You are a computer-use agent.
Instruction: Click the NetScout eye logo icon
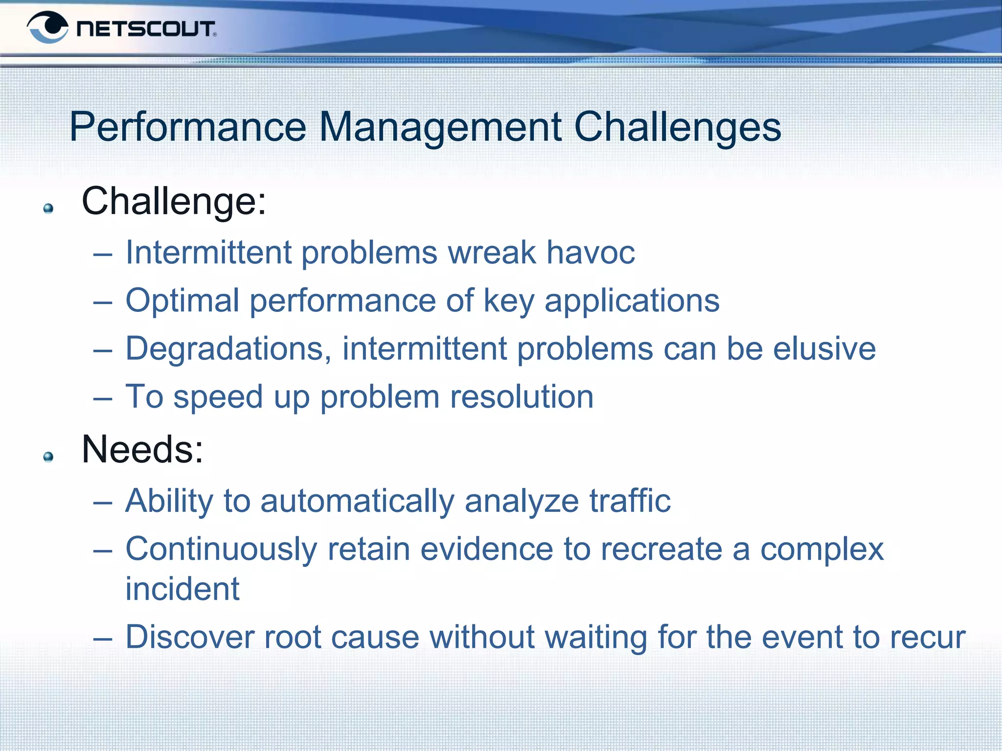(x=47, y=27)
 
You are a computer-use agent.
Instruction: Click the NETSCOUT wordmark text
(x=146, y=29)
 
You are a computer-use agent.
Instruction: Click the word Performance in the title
(x=187, y=127)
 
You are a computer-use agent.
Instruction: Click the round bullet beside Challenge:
(x=48, y=209)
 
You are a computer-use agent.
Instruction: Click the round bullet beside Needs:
(x=48, y=457)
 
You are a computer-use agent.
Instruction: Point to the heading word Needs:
(x=142, y=449)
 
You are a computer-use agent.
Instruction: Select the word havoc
(x=591, y=252)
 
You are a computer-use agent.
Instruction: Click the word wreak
(x=492, y=252)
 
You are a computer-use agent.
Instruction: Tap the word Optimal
(x=182, y=300)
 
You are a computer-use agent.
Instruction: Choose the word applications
(x=632, y=301)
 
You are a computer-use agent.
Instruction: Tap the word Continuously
(x=221, y=550)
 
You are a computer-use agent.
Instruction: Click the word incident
(x=182, y=589)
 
